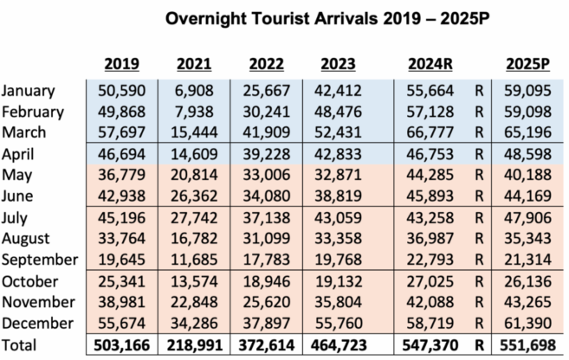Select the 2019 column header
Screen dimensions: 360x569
pos(121,63)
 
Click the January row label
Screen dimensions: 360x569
pos(29,91)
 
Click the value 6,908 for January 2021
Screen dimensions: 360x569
pos(194,91)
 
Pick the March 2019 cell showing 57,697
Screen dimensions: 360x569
pos(121,132)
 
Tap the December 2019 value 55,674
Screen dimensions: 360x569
pos(121,323)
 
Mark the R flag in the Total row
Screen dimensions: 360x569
pos(478,344)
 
